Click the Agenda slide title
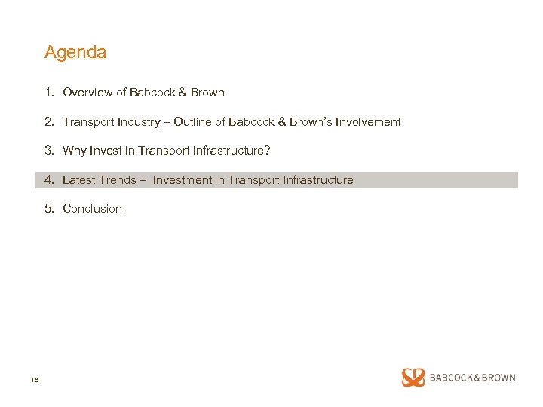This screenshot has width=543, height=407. (75, 53)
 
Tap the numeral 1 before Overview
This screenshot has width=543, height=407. (48, 93)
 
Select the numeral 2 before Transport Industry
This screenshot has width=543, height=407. (48, 121)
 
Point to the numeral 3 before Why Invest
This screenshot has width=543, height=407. (48, 151)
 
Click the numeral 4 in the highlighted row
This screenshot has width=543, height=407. (48, 180)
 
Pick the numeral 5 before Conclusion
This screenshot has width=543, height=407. (48, 209)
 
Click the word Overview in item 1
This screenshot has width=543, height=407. (87, 93)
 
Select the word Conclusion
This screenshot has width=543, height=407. (92, 209)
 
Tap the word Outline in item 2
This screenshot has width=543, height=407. (193, 121)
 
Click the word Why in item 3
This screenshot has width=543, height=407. (75, 151)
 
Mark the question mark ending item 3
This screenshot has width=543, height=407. (267, 151)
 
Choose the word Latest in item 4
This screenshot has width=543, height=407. (80, 180)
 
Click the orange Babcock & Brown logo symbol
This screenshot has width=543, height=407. (413, 378)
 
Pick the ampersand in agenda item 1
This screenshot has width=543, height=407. (182, 93)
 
